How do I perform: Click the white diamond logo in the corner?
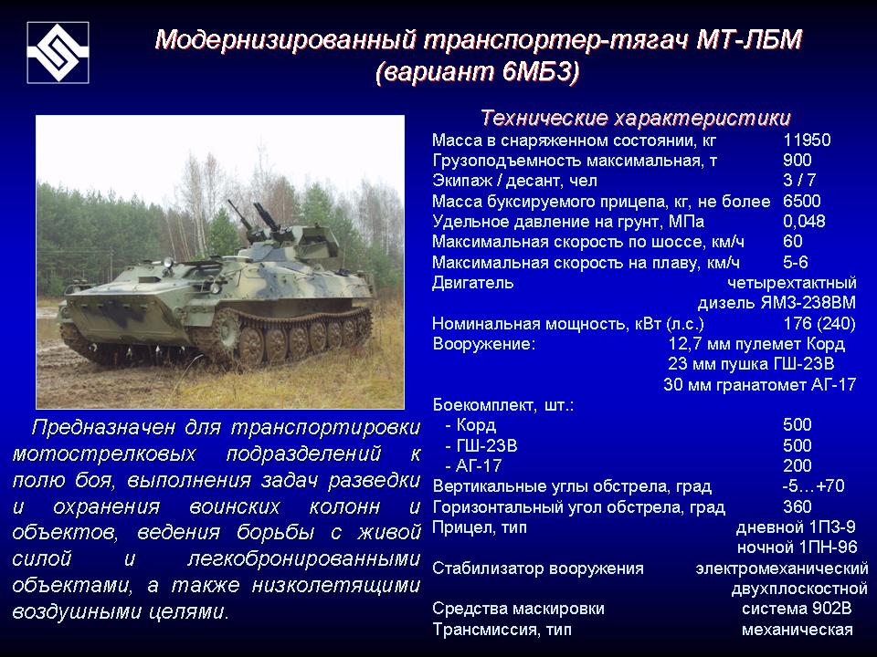tap(57, 51)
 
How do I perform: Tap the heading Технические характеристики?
tap(636, 119)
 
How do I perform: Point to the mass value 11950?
tap(807, 141)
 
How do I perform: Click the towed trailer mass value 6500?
tap(802, 201)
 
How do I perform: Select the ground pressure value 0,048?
tap(804, 221)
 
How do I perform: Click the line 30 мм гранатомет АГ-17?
tap(759, 384)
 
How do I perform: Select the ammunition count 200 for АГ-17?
tap(797, 465)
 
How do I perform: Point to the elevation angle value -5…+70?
tap(814, 485)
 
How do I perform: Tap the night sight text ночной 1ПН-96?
tap(796, 547)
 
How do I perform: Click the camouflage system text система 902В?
tap(797, 609)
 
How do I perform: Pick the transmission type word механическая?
tap(798, 630)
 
